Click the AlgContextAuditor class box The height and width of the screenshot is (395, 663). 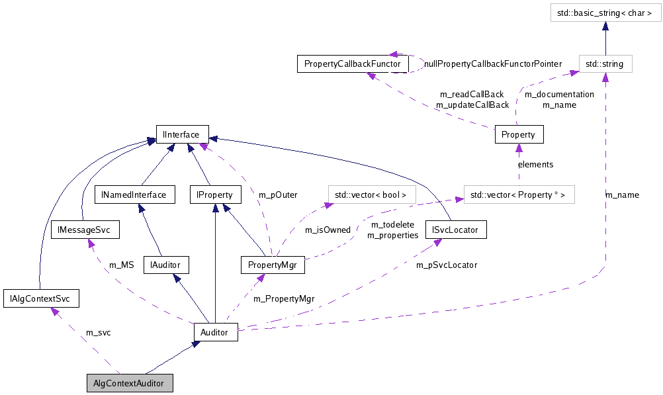point(130,383)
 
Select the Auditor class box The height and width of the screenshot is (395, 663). point(215,332)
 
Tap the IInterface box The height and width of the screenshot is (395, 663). point(182,134)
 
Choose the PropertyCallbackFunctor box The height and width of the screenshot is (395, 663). point(352,64)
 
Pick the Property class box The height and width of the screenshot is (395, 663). point(519,134)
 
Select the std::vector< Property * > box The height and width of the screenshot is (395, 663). point(519,195)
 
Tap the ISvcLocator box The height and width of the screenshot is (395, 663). point(456,230)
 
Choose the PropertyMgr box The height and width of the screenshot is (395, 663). point(273,265)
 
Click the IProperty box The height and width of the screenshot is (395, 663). point(215,195)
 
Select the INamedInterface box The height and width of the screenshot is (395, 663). point(134,195)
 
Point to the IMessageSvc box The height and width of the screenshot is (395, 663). point(85,230)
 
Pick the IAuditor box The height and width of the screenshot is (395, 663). point(166,265)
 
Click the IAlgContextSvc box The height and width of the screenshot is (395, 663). point(41,298)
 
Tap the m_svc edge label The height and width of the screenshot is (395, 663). point(99,332)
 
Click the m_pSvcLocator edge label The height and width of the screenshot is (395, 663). point(447,265)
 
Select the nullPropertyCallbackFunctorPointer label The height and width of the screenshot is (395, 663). point(492,64)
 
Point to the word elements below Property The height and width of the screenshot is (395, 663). point(535,164)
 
